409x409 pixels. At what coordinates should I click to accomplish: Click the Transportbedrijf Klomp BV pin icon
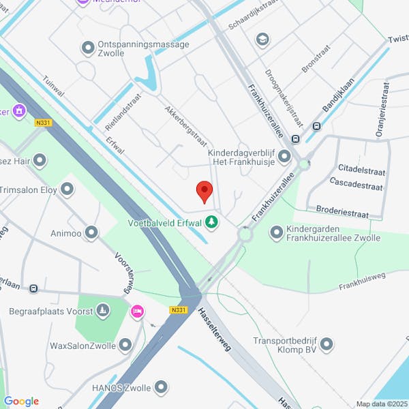(x=327, y=345)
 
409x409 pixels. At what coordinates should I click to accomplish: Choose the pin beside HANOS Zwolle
(x=161, y=387)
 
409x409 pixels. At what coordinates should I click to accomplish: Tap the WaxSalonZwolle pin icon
(x=125, y=346)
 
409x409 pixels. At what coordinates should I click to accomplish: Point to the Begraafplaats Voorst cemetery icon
(x=102, y=311)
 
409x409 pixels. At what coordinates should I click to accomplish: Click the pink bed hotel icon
(x=137, y=312)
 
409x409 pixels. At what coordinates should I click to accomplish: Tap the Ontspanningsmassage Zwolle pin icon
(x=87, y=48)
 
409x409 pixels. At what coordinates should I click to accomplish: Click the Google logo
(x=21, y=402)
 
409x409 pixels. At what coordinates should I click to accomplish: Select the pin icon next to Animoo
(x=91, y=233)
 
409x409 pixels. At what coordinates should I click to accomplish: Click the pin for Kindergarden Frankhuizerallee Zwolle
(x=276, y=233)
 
